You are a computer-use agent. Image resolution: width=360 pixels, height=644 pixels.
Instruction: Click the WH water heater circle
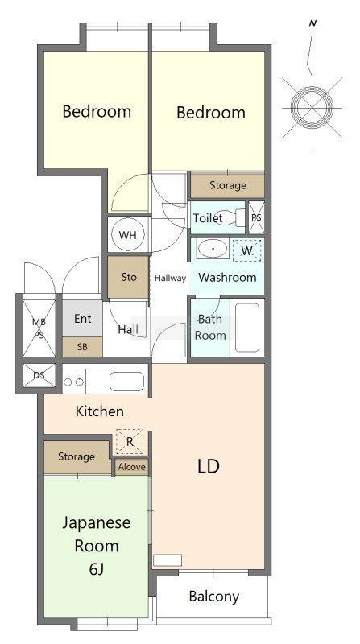[x=128, y=235]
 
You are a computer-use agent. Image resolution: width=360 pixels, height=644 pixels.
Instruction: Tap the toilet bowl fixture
[x=230, y=217]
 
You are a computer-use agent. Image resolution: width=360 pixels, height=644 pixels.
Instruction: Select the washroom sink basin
[x=212, y=249]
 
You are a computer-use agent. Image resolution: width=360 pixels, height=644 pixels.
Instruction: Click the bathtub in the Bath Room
[x=247, y=328]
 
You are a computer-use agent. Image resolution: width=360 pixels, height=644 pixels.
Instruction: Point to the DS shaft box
[x=39, y=375]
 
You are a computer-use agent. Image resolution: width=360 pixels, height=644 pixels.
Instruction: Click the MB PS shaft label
[x=39, y=328]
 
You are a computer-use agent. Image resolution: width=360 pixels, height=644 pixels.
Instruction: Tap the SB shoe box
[x=82, y=347]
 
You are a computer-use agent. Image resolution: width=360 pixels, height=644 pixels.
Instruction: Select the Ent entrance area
[x=82, y=319]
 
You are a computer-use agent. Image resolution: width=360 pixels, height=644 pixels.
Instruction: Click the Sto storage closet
[x=128, y=277]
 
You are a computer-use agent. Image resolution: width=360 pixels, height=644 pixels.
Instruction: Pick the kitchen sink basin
[x=126, y=382]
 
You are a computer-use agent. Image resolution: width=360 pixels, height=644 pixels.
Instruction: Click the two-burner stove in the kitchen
[x=74, y=382]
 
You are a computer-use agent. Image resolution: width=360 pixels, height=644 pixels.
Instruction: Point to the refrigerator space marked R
[x=130, y=442]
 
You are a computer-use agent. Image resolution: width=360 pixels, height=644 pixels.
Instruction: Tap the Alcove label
[x=131, y=467]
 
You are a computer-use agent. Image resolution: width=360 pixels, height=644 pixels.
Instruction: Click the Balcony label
[x=213, y=597]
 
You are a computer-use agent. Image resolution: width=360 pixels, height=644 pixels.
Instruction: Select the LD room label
[x=209, y=466]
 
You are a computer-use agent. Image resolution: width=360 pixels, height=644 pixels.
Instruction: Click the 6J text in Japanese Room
[x=96, y=569]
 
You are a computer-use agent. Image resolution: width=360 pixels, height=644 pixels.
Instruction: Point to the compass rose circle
[x=312, y=108]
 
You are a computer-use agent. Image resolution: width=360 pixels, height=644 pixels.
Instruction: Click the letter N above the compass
[x=312, y=23]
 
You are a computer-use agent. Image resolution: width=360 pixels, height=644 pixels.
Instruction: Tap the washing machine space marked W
[x=246, y=251]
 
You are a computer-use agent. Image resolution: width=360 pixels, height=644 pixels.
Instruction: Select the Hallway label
[x=170, y=278]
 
